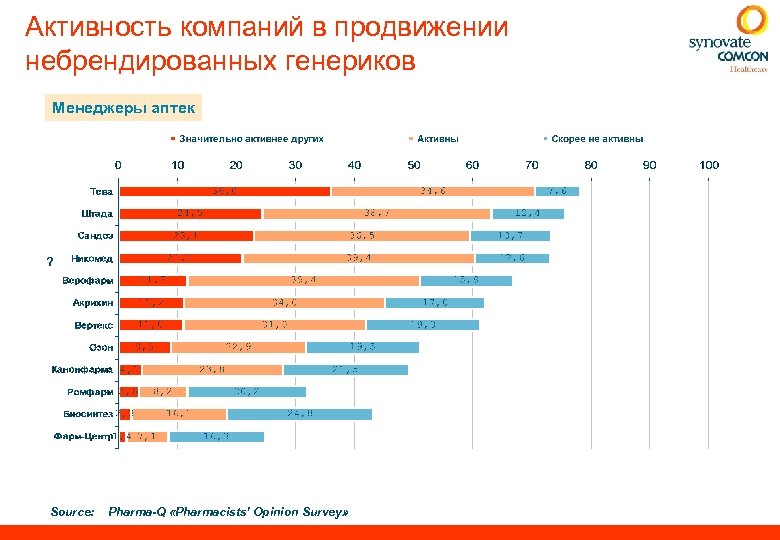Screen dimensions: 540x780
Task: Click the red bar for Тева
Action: click(x=224, y=191)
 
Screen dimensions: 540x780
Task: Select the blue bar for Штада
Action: click(x=527, y=213)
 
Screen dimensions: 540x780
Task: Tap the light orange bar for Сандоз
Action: click(x=361, y=236)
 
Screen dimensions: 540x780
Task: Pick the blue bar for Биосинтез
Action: click(x=299, y=414)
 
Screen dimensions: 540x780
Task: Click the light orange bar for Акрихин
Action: click(x=284, y=302)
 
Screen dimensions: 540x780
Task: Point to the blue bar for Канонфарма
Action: click(x=345, y=369)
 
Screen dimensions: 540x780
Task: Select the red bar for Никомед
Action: click(x=180, y=258)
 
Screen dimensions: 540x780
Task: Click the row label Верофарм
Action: click(x=87, y=280)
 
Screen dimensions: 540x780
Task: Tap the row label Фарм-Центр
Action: click(x=85, y=436)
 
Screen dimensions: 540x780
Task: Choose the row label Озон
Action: click(x=101, y=347)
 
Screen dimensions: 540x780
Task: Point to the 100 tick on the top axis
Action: click(x=709, y=164)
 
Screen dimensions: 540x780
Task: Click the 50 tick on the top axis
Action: click(x=413, y=164)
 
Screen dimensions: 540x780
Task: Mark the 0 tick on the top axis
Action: click(x=118, y=164)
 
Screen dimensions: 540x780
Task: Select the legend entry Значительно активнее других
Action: click(x=251, y=139)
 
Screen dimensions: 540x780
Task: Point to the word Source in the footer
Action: click(x=72, y=512)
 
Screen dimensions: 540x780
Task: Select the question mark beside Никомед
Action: click(x=49, y=262)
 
